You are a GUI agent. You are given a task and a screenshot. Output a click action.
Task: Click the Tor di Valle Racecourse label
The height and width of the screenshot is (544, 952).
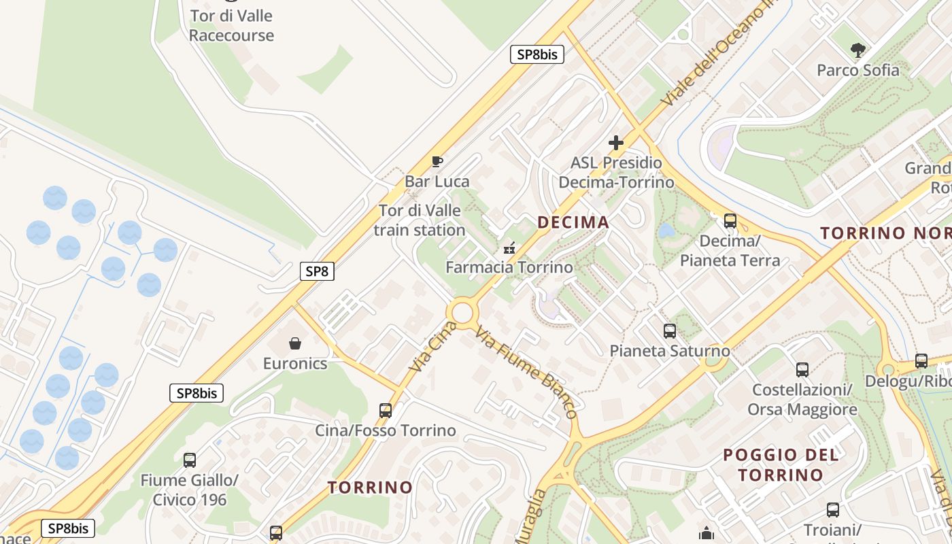point(231,26)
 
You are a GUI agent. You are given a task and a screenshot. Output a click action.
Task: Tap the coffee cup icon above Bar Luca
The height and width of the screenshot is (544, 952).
point(437,161)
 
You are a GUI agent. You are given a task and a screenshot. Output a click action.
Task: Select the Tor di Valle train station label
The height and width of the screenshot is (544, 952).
point(420,220)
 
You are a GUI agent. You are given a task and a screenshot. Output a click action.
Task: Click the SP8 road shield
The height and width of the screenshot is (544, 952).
point(317,271)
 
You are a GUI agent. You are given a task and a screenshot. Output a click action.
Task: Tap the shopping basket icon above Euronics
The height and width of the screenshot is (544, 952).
point(295,343)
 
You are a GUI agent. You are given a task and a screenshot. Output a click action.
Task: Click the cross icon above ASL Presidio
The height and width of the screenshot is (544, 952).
point(616,143)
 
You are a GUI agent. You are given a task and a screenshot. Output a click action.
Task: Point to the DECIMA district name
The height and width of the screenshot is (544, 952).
point(573,222)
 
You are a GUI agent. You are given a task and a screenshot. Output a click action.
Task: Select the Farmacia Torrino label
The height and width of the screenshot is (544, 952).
point(509,267)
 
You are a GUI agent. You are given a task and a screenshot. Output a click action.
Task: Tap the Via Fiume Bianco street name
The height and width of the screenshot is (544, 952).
point(527,372)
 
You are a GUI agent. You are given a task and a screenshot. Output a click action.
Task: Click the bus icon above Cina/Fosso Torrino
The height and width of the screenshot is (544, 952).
point(386,410)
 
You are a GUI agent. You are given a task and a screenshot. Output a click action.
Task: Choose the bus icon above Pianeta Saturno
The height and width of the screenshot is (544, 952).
point(670,331)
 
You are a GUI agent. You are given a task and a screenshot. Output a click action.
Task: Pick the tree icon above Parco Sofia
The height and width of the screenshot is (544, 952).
point(858,50)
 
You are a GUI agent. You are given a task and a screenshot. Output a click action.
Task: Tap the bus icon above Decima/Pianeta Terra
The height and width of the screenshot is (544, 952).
point(730,220)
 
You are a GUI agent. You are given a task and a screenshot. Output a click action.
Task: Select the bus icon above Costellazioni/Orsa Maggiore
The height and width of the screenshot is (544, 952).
point(802,370)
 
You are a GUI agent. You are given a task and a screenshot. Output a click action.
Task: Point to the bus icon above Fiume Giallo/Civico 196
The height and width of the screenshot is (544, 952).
point(190,460)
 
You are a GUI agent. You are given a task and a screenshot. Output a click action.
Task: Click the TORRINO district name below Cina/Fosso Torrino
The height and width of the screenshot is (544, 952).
point(370,487)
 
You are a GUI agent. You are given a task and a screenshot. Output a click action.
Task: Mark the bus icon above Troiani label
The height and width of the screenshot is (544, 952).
point(833,510)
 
